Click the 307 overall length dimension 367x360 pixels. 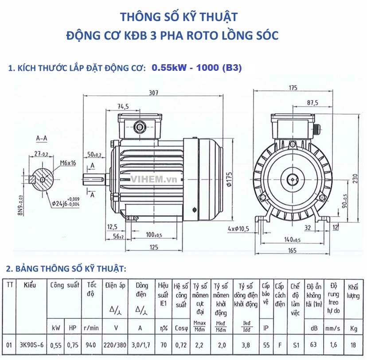point(153,93)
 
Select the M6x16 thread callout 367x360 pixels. point(67,163)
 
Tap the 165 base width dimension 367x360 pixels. point(292,251)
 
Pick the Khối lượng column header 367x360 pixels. point(353,291)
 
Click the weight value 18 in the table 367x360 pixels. point(353,344)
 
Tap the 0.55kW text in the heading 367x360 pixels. point(167,68)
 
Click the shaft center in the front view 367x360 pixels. point(292,179)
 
